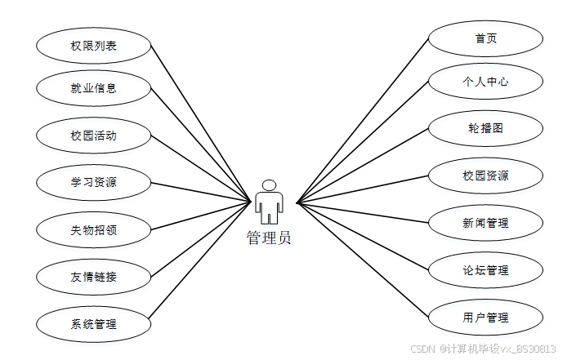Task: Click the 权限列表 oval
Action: [94, 46]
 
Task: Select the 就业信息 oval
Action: [94, 88]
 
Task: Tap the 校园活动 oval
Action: [94, 136]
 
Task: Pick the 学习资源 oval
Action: [94, 182]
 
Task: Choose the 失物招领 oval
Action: [94, 229]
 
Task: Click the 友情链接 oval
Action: [94, 277]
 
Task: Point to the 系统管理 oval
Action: [94, 324]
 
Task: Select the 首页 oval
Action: [485, 38]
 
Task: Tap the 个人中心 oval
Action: [485, 82]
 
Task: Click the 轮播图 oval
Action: [485, 129]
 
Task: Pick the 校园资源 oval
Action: [485, 176]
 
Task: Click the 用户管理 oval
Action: [485, 318]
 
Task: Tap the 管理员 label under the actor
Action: [269, 238]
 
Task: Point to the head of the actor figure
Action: [269, 184]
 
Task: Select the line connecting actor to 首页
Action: [364, 119]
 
